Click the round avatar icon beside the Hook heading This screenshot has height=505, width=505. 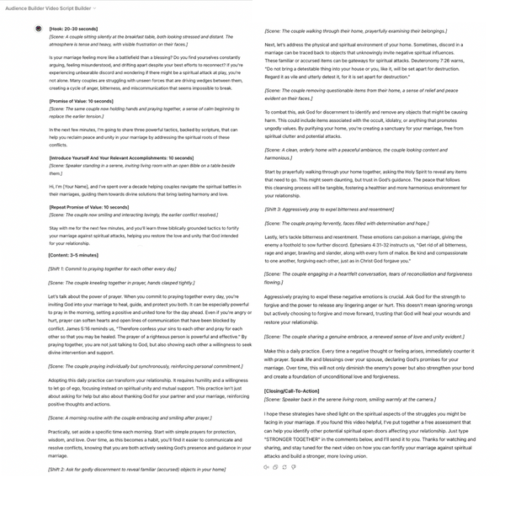coord(39,28)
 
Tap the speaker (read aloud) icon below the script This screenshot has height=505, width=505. coord(267,467)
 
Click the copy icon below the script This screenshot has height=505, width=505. coord(275,467)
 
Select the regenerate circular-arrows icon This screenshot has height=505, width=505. coord(284,467)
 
